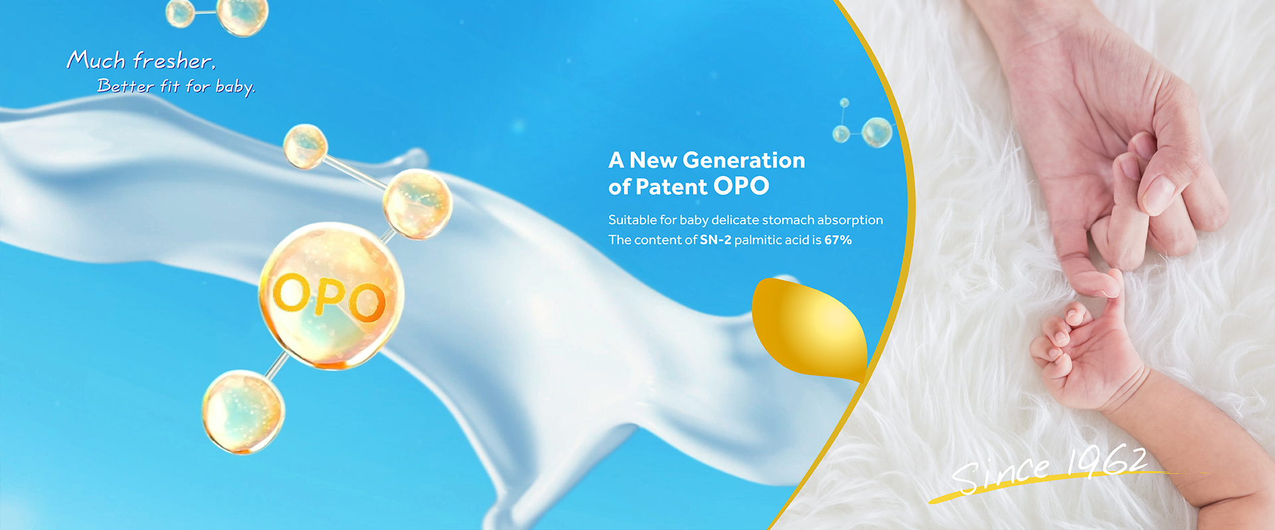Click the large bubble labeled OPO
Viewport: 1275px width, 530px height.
[331, 296]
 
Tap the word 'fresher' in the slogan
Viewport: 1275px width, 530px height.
[174, 60]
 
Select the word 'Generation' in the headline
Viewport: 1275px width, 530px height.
[744, 160]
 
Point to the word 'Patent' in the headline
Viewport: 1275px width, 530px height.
[671, 187]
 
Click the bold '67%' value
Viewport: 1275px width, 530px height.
[838, 240]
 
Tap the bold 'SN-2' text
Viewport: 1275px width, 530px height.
[715, 240]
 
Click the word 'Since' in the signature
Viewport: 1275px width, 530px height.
[1001, 474]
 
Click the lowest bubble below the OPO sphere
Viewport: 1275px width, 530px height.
[243, 412]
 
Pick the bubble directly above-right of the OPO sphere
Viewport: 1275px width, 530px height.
[418, 203]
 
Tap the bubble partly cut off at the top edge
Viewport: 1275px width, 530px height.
[243, 16]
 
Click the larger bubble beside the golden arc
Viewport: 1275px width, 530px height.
[877, 132]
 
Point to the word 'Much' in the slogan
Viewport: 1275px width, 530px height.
[96, 60]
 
